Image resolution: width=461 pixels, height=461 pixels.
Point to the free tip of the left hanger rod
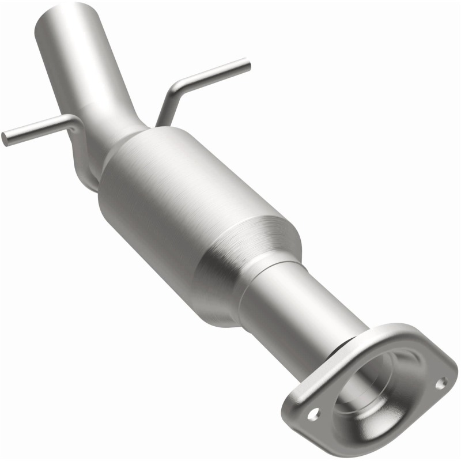click(x=5, y=138)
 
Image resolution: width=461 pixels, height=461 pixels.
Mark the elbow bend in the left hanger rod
click(x=74, y=121)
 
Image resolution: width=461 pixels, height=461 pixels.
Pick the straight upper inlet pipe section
click(x=86, y=58)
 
